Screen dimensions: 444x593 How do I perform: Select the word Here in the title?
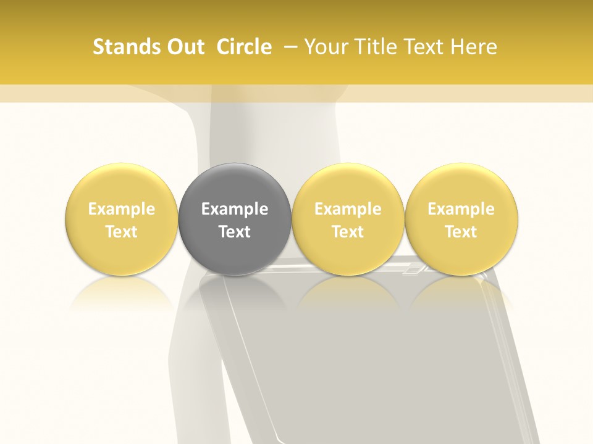474,47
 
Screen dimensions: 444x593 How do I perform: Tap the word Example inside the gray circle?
235,209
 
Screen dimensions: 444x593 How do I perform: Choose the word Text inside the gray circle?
235,232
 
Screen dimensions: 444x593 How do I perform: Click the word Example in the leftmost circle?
121,209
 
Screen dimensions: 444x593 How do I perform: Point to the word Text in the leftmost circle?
121,232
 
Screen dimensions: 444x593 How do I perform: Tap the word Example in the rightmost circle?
461,209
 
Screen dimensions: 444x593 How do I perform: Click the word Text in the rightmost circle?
461,232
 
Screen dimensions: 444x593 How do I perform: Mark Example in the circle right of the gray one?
348,209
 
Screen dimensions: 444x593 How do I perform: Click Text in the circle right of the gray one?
348,232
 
